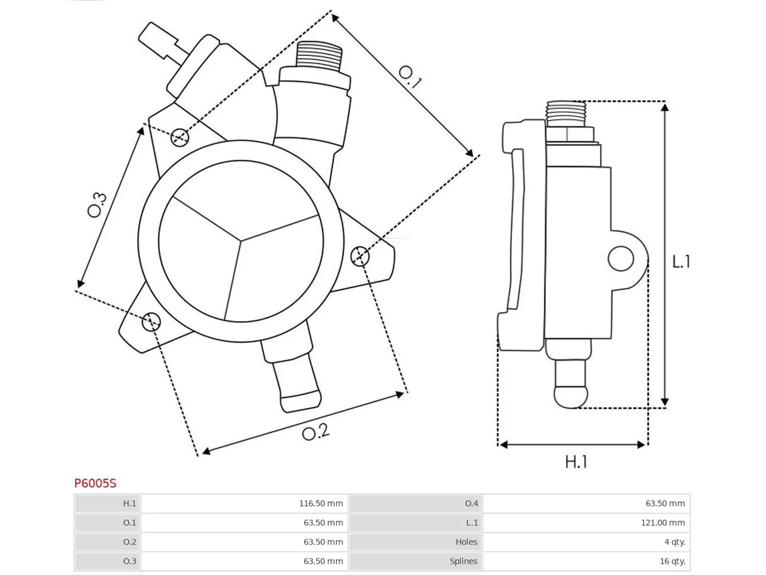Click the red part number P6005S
(95, 483)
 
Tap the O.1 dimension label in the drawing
(410, 77)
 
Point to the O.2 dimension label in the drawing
(315, 432)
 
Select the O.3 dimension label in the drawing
(97, 205)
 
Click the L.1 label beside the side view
(681, 262)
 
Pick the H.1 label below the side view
(576, 462)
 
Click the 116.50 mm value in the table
(321, 503)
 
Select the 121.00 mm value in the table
(662, 522)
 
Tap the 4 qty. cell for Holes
(674, 541)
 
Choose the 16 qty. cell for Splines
(672, 561)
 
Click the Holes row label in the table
(466, 541)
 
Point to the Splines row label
(463, 561)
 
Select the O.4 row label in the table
(471, 503)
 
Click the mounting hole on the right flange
(360, 256)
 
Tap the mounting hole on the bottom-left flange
(151, 321)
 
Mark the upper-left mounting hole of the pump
(180, 137)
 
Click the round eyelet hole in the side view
(621, 258)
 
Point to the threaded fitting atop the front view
(318, 55)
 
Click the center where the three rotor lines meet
(241, 241)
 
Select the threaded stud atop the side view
(566, 113)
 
